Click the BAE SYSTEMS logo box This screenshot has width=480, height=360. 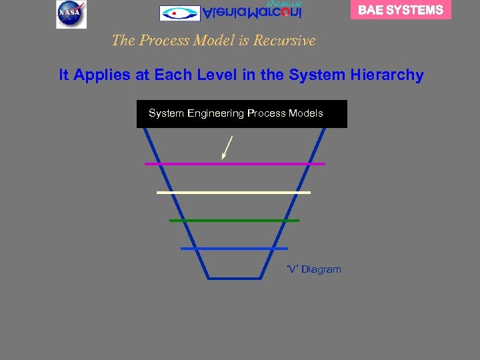tap(401, 10)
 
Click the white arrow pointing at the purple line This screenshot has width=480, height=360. tap(227, 147)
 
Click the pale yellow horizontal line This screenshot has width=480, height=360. tap(233, 192)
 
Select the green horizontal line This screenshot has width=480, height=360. tap(234, 220)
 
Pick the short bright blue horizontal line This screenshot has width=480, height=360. tap(234, 249)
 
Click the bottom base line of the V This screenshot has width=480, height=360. tap(234, 277)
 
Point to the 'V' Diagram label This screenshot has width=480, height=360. tap(313, 269)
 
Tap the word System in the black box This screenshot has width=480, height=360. tap(166, 113)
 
